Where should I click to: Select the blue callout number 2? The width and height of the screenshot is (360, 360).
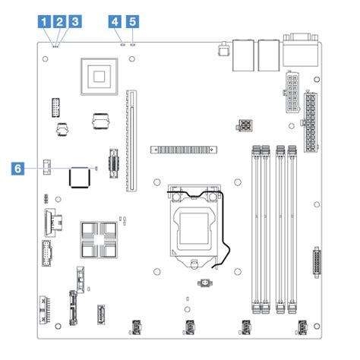(60, 22)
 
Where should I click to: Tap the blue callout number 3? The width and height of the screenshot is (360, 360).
(74, 22)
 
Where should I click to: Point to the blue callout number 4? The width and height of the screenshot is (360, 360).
(115, 22)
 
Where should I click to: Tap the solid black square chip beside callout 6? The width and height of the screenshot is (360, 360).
(80, 177)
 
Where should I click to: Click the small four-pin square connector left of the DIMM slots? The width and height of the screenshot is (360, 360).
(245, 123)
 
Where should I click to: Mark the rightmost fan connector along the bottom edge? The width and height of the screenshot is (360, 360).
(298, 329)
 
